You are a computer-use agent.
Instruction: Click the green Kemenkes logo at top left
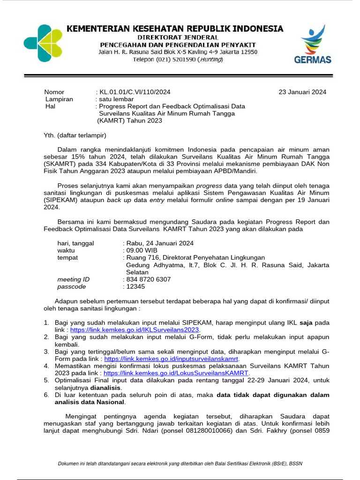click(x=43, y=43)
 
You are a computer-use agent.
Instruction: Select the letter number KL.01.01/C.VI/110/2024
click(x=134, y=92)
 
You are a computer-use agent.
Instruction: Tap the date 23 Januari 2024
click(x=302, y=92)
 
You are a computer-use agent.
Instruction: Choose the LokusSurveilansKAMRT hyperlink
click(x=175, y=373)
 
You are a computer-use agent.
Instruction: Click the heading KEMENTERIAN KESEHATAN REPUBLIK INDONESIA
click(x=175, y=29)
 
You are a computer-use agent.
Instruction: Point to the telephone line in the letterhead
click(x=178, y=60)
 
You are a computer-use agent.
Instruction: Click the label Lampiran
click(x=59, y=99)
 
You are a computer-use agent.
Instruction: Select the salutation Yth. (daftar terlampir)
click(x=75, y=136)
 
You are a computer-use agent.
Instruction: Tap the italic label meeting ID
click(x=73, y=279)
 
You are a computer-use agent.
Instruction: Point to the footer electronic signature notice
click(x=180, y=464)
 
